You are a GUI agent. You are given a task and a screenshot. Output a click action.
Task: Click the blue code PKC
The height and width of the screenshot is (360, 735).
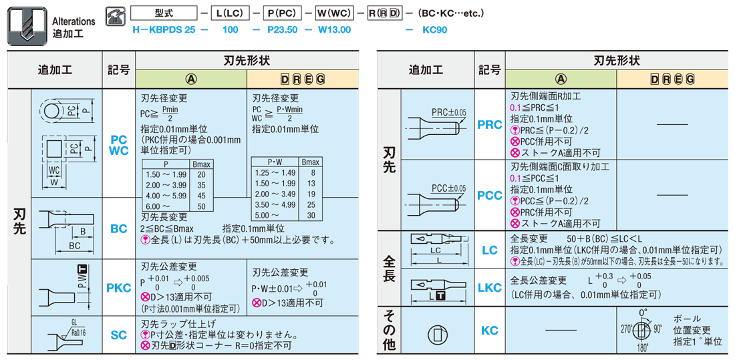(118, 288)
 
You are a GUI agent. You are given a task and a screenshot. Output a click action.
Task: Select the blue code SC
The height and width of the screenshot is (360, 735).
(118, 335)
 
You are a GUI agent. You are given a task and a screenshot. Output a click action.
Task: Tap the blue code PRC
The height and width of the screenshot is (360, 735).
(489, 125)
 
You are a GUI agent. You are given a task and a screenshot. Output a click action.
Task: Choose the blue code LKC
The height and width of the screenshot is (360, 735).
(489, 288)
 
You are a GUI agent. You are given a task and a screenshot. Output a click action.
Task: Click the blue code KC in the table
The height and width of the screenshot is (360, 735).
(489, 331)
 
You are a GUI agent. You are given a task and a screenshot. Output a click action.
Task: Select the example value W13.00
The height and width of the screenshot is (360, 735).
(335, 30)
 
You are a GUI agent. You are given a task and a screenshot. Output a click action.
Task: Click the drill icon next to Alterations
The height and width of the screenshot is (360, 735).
(27, 26)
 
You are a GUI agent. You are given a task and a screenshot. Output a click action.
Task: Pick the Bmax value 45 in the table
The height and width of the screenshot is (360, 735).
(202, 196)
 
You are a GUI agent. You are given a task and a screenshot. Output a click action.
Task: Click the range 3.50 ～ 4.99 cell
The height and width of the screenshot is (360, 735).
(275, 204)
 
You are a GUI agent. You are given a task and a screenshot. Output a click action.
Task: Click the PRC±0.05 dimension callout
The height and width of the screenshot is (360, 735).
(449, 113)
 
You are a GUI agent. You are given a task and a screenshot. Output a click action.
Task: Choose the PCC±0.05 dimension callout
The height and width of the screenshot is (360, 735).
(449, 188)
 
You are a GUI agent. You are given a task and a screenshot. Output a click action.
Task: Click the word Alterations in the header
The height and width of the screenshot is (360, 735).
(73, 21)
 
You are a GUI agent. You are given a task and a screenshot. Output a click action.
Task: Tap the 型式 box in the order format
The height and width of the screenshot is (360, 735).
(164, 13)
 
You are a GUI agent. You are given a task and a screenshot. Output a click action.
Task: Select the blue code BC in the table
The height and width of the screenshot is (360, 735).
(118, 228)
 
